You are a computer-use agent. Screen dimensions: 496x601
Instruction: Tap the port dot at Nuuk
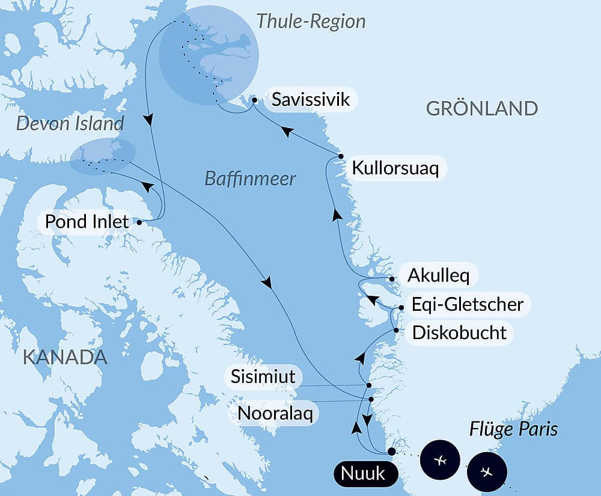click(392, 451)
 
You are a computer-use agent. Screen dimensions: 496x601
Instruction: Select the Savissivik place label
click(311, 99)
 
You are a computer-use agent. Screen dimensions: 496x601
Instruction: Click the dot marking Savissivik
click(254, 100)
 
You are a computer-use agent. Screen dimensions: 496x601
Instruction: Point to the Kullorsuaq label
click(395, 168)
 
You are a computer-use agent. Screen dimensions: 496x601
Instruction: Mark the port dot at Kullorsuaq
click(341, 156)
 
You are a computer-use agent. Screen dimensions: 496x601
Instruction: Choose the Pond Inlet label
click(87, 221)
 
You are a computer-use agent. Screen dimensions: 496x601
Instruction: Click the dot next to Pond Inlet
click(139, 222)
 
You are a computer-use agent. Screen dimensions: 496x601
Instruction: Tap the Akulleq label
click(438, 275)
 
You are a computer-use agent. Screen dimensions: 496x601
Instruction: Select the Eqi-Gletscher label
click(467, 304)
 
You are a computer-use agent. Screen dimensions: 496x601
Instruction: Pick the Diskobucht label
click(459, 332)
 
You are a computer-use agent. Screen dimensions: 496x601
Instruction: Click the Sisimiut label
click(263, 377)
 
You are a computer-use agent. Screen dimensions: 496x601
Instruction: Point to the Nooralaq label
click(275, 413)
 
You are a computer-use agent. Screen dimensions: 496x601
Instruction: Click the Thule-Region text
click(311, 21)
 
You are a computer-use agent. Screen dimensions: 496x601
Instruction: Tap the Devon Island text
click(70, 124)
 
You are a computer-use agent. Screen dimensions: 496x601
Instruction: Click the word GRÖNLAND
click(481, 109)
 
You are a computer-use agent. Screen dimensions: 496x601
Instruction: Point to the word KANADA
click(65, 357)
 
